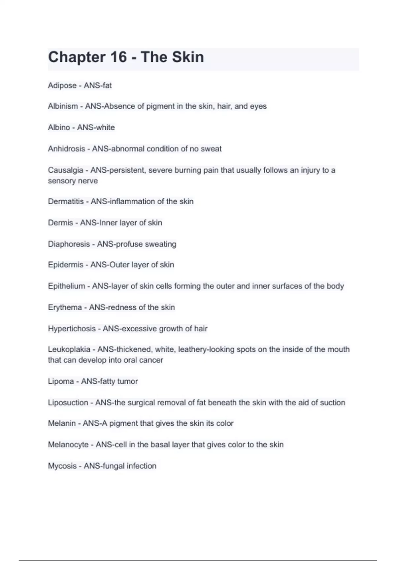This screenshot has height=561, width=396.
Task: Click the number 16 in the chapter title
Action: point(118,57)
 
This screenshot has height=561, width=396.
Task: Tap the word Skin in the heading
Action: point(187,57)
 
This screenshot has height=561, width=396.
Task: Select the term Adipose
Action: point(62,85)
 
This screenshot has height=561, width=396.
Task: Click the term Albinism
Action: point(63,106)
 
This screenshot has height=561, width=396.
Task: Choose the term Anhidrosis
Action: point(66,149)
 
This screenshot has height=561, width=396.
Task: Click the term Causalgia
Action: point(65,170)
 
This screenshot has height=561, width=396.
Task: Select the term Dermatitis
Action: point(66,201)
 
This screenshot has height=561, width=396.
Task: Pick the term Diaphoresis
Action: point(69,244)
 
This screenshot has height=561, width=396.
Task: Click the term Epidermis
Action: point(65,265)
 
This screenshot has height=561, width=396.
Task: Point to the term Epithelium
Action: point(66,286)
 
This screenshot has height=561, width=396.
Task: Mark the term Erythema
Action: point(65,307)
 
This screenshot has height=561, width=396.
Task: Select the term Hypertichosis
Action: point(72,329)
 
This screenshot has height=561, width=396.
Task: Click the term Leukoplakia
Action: point(69,349)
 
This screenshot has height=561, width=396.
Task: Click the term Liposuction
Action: point(68,403)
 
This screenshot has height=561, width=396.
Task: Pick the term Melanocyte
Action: point(68,445)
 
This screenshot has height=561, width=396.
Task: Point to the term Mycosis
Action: point(62,466)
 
